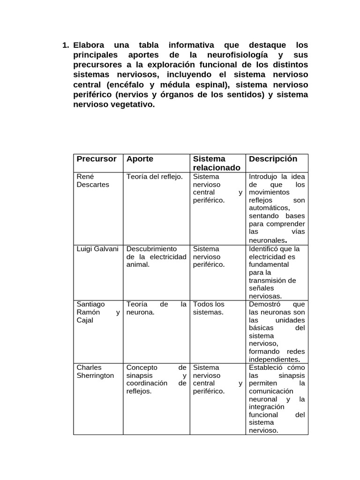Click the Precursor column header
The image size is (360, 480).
click(x=97, y=159)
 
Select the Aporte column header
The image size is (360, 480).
click(x=140, y=159)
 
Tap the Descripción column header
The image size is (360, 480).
click(x=273, y=159)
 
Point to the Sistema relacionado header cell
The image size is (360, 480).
click(x=217, y=163)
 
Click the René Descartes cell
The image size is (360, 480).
click(x=93, y=180)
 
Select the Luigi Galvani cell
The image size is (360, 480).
click(x=97, y=249)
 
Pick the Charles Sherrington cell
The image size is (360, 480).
click(x=95, y=372)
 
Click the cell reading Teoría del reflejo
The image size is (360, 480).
click(x=155, y=177)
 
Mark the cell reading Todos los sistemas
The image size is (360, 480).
click(x=209, y=308)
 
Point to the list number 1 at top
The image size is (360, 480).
click(x=65, y=45)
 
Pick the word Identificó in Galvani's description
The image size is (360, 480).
click(x=266, y=249)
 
